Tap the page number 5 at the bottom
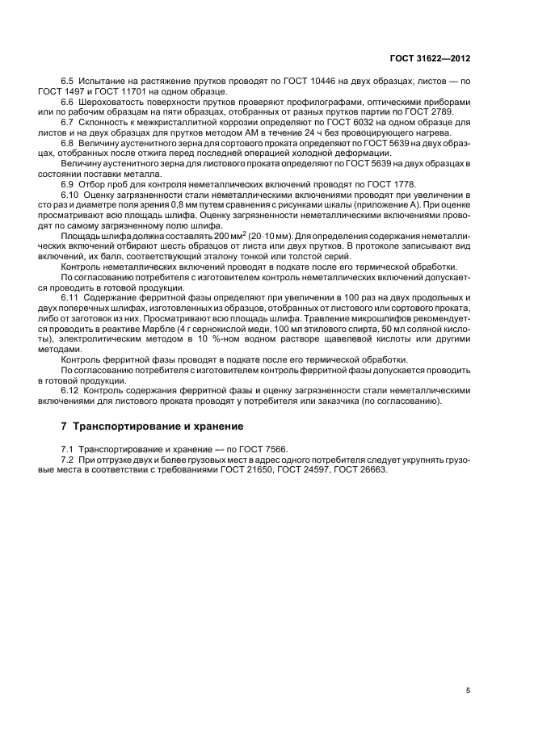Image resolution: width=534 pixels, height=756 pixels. coord(468,691)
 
